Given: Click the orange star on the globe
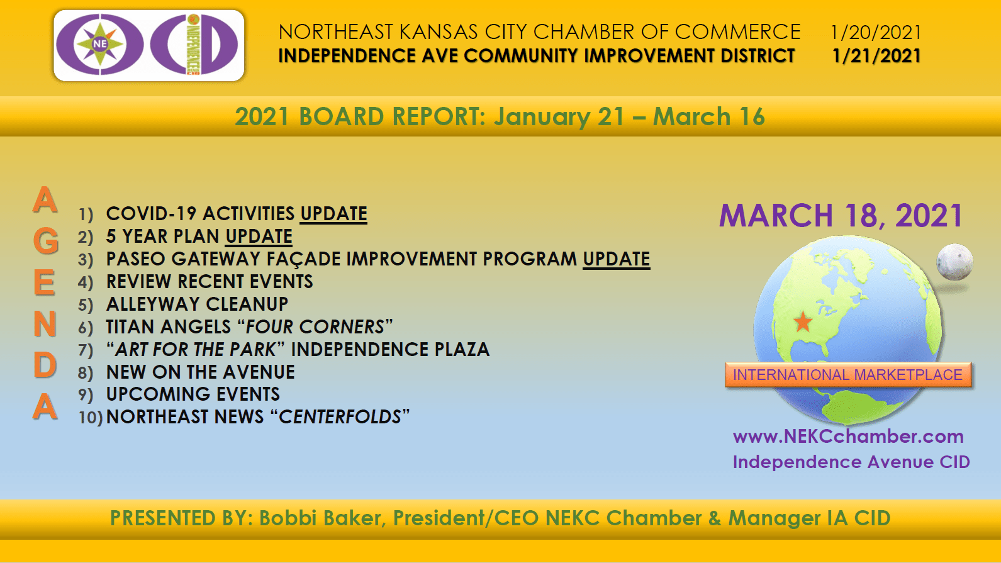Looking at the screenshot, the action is (x=803, y=321).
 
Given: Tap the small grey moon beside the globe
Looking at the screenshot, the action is (x=954, y=262).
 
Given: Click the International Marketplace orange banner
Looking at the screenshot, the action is (x=847, y=374).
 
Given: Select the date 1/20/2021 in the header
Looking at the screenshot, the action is (x=875, y=32).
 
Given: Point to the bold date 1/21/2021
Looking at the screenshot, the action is (x=876, y=56).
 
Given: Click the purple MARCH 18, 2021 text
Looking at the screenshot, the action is (x=841, y=216).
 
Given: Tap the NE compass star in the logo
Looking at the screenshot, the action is (x=100, y=44).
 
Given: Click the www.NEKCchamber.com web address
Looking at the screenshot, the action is (x=848, y=437).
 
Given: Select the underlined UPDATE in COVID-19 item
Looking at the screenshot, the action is (x=333, y=214).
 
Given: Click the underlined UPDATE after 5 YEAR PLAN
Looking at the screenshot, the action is (x=259, y=237).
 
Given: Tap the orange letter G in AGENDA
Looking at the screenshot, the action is (x=45, y=241).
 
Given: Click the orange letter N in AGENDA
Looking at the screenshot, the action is (x=45, y=323).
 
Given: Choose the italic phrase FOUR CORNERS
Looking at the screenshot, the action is (x=315, y=327).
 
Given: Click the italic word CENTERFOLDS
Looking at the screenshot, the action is (x=340, y=417).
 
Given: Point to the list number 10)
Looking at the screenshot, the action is (x=91, y=418).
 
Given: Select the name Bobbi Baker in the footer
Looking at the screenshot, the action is (x=320, y=518).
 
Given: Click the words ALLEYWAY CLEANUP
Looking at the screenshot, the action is (x=197, y=304).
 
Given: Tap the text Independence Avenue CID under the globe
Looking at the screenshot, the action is (x=851, y=462).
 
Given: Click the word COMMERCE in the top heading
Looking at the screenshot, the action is (x=737, y=32).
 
